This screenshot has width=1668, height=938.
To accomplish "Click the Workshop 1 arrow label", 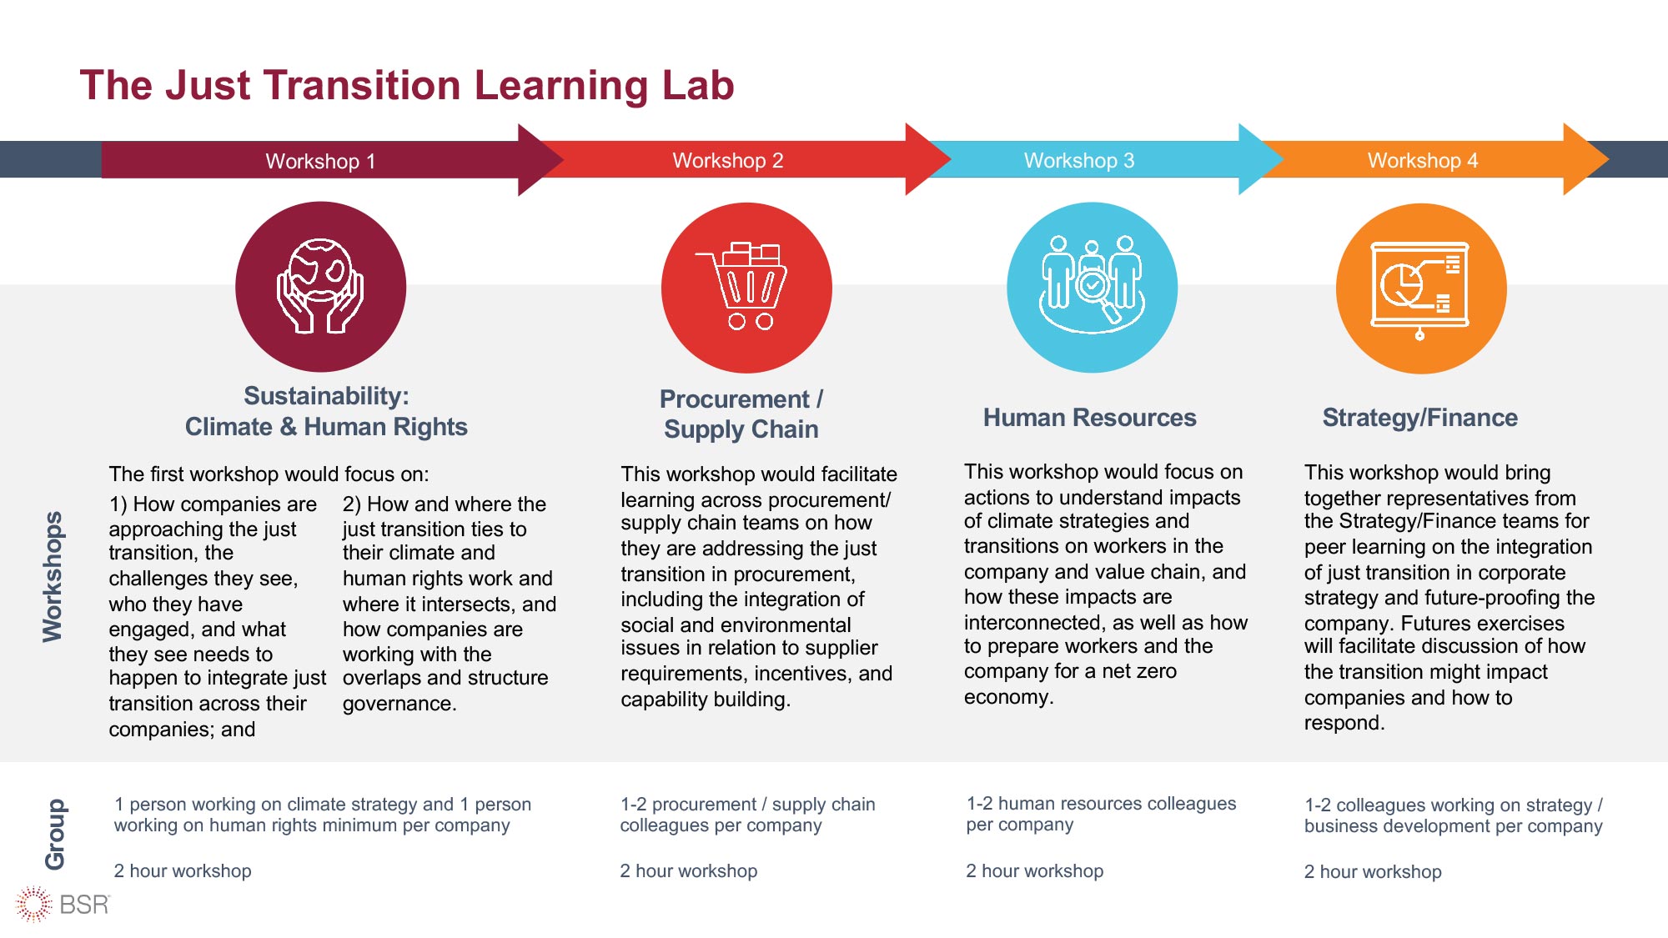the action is pos(320,161).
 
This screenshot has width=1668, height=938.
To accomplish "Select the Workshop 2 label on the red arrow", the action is pos(728,160).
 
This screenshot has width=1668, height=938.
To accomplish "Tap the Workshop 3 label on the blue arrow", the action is pos(1079,160).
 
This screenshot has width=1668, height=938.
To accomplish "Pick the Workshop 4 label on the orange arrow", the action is pos(1423,160).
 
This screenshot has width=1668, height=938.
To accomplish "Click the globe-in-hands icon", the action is pos(320,287).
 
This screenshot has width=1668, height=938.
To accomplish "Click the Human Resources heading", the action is pos(1089,417).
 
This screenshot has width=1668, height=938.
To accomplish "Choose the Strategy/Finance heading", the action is pos(1419,417).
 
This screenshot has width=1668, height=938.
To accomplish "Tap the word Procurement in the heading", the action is pos(734,399).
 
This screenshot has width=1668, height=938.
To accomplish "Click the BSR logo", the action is pos(63,905).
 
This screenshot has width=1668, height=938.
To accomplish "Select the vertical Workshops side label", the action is pos(53,576).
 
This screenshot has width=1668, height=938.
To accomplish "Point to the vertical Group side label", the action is pos(55,834).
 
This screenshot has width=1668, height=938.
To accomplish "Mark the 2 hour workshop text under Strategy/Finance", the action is pos(1373,871).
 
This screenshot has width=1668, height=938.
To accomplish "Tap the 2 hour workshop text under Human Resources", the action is pos(1034,870).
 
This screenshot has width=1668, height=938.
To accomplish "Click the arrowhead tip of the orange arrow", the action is pos(1608,159).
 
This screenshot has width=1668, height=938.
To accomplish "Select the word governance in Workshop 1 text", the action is pos(399,704).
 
